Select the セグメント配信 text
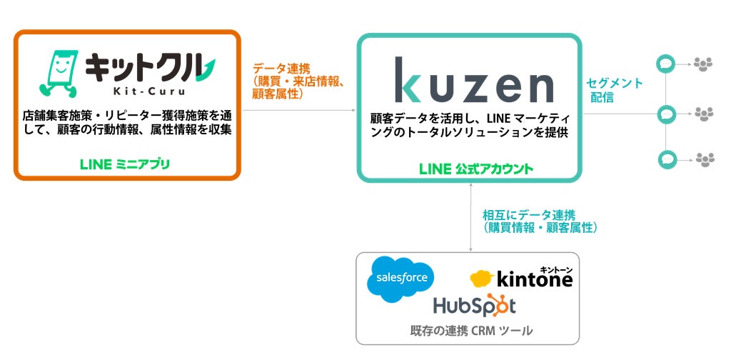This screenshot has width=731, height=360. [x=614, y=90]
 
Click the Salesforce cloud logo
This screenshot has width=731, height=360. [x=401, y=278]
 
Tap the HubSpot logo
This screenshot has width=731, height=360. [x=474, y=306]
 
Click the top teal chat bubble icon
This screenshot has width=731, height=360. [x=666, y=64]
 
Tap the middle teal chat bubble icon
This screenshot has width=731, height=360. [x=666, y=113]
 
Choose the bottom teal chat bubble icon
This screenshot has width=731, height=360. [x=666, y=159]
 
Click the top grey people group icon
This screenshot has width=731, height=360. [x=704, y=64]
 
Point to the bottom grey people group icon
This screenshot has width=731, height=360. [x=704, y=159]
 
